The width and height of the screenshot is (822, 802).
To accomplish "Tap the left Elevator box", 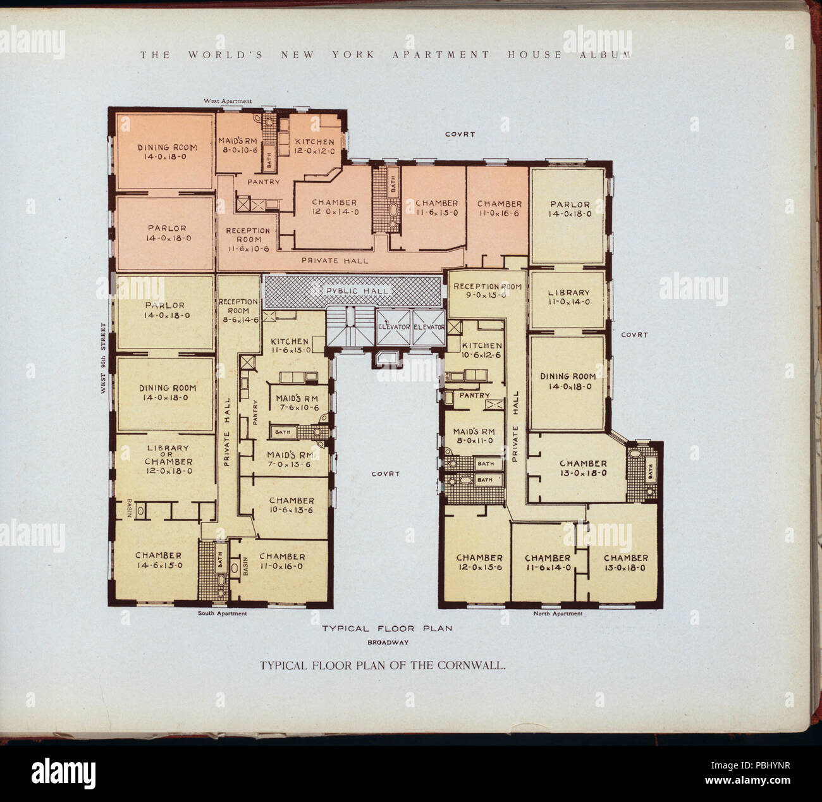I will pyautogui.click(x=393, y=327).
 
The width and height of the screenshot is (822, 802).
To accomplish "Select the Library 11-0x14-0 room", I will pyautogui.click(x=568, y=298).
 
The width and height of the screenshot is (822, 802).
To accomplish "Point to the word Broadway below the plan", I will pyautogui.click(x=388, y=642).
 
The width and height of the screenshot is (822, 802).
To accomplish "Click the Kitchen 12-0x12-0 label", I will pyautogui.click(x=315, y=147).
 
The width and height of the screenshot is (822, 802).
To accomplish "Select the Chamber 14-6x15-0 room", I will pyautogui.click(x=158, y=560).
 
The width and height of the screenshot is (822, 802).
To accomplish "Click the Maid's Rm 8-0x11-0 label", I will pyautogui.click(x=474, y=436).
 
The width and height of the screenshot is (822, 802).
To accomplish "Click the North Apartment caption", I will pyautogui.click(x=558, y=614).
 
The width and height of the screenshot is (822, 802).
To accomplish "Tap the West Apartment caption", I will pyautogui.click(x=227, y=101).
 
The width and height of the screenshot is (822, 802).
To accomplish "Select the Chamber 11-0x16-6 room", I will pyautogui.click(x=499, y=208).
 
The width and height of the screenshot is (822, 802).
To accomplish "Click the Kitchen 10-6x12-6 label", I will pyautogui.click(x=481, y=350).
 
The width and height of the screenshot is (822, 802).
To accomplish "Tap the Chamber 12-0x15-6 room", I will pyautogui.click(x=479, y=562).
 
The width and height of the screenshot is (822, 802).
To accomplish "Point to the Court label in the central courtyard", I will pyautogui.click(x=385, y=474).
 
